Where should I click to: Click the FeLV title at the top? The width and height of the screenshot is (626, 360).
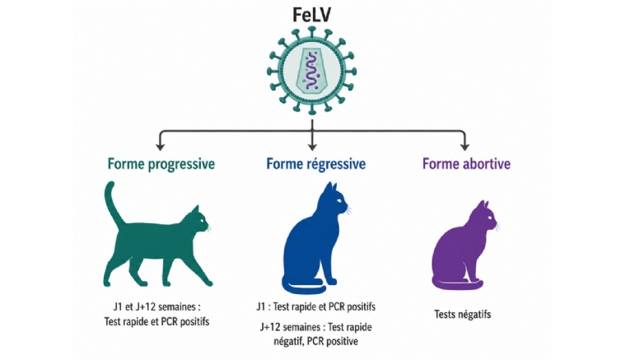coord(312,15)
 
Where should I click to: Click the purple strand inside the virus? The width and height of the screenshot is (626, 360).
coord(311,72)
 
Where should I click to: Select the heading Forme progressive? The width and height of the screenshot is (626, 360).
coord(161,164)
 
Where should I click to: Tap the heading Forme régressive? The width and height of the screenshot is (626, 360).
coord(315,164)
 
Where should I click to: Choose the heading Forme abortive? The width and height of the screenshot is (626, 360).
coord(466,164)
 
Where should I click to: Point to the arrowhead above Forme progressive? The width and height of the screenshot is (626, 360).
coord(160,146)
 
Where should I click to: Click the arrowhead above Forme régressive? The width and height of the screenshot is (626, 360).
coord(312,146)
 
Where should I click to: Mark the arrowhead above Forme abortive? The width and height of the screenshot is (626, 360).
coord(465,146)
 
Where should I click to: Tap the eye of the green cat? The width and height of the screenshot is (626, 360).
coord(201,221)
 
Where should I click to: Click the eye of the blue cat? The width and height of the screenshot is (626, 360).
coord(339,200)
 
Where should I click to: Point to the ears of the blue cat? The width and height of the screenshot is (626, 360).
coord(331,187)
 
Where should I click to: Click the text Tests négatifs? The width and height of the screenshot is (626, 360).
coord(462,315)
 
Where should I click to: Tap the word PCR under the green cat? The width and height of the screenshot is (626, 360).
coord(169,321)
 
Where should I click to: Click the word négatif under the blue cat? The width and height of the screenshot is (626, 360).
coord(288,342)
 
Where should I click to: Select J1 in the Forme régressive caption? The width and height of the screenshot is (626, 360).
coord(261,307)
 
